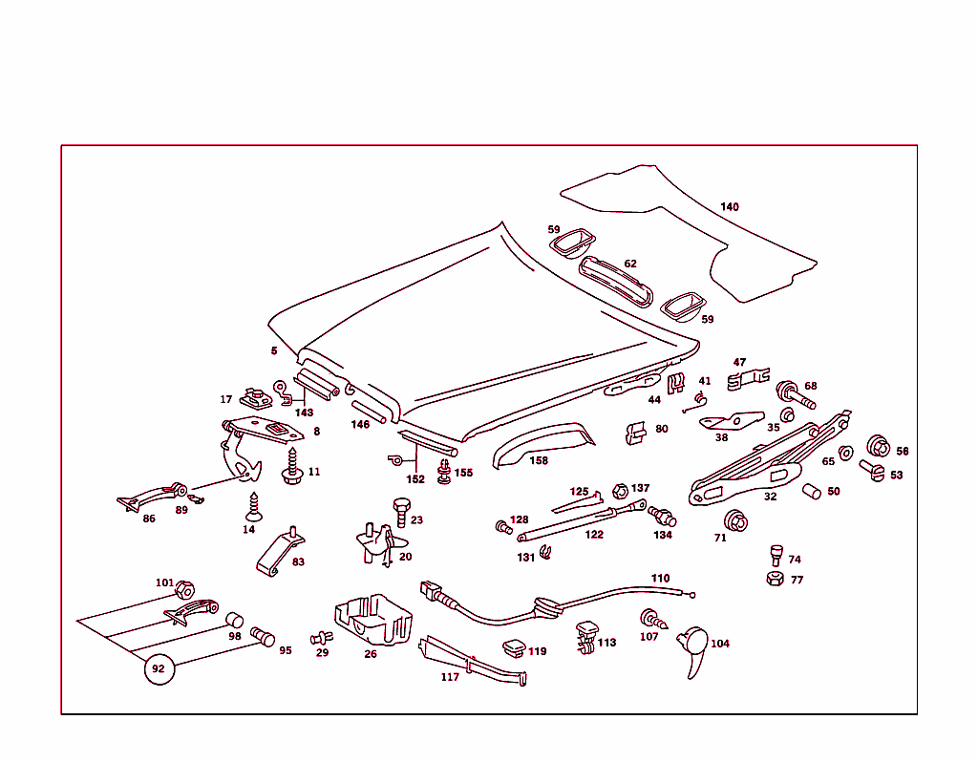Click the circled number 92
click(159, 668)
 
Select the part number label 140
click(730, 207)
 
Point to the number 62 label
click(630, 264)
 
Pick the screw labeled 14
click(255, 503)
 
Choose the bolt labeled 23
click(401, 511)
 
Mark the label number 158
click(539, 460)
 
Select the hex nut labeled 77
click(774, 579)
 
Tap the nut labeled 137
click(618, 491)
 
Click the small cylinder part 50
click(812, 492)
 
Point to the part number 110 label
click(661, 579)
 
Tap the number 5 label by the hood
click(274, 351)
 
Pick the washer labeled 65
click(845, 452)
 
